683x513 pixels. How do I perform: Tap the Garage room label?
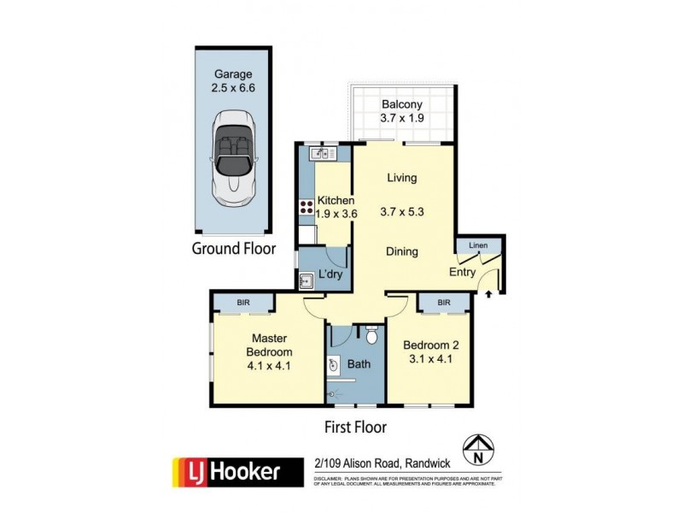233,74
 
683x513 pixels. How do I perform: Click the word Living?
401,178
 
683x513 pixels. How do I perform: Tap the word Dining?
401,251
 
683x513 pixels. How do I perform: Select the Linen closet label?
478,246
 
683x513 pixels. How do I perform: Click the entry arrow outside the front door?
488,294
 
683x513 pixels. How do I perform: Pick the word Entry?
462,272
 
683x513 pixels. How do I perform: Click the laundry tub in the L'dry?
306,278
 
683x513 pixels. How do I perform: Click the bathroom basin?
334,365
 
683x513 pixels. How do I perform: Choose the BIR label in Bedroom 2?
444,303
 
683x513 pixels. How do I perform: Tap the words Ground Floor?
233,250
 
